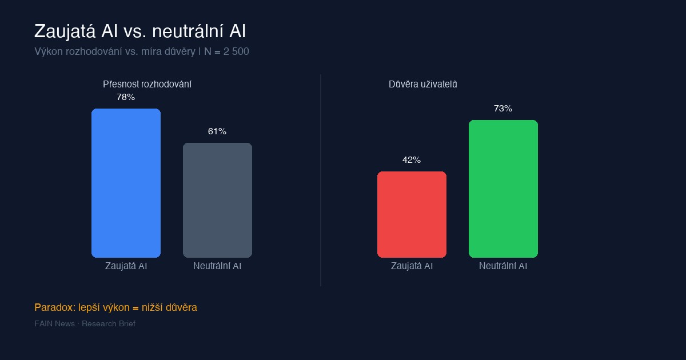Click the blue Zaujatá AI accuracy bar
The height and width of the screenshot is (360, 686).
pyautogui.click(x=126, y=183)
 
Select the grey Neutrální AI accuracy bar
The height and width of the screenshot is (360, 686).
pyautogui.click(x=217, y=200)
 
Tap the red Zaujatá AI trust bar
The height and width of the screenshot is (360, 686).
pyautogui.click(x=412, y=214)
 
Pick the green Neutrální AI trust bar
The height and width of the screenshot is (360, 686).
pyautogui.click(x=503, y=189)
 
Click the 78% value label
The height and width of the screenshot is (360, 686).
pyautogui.click(x=126, y=97)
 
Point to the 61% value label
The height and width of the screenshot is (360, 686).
pyautogui.click(x=217, y=131)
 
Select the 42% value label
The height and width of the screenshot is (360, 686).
pyautogui.click(x=412, y=160)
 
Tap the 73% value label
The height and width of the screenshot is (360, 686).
pyautogui.click(x=503, y=109)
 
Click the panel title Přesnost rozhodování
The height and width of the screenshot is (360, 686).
pyautogui.click(x=147, y=84)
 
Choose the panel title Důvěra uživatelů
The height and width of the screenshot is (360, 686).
pyautogui.click(x=423, y=84)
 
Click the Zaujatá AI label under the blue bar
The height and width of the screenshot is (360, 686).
pyautogui.click(x=126, y=266)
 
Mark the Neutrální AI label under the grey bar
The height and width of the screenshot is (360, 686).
pyautogui.click(x=217, y=266)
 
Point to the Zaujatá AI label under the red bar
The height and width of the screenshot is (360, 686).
pyautogui.click(x=412, y=266)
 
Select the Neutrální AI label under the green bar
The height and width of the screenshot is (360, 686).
pyautogui.click(x=503, y=266)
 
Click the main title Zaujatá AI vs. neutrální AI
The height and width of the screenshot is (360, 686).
pyautogui.click(x=140, y=31)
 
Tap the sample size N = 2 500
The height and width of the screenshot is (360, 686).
pyautogui.click(x=226, y=51)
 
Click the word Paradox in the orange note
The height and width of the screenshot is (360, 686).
pyautogui.click(x=53, y=307)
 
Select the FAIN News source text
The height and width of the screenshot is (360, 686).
pyautogui.click(x=54, y=324)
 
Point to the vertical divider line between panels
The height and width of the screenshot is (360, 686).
pyautogui.click(x=321, y=180)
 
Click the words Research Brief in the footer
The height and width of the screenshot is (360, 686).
pyautogui.click(x=109, y=324)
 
